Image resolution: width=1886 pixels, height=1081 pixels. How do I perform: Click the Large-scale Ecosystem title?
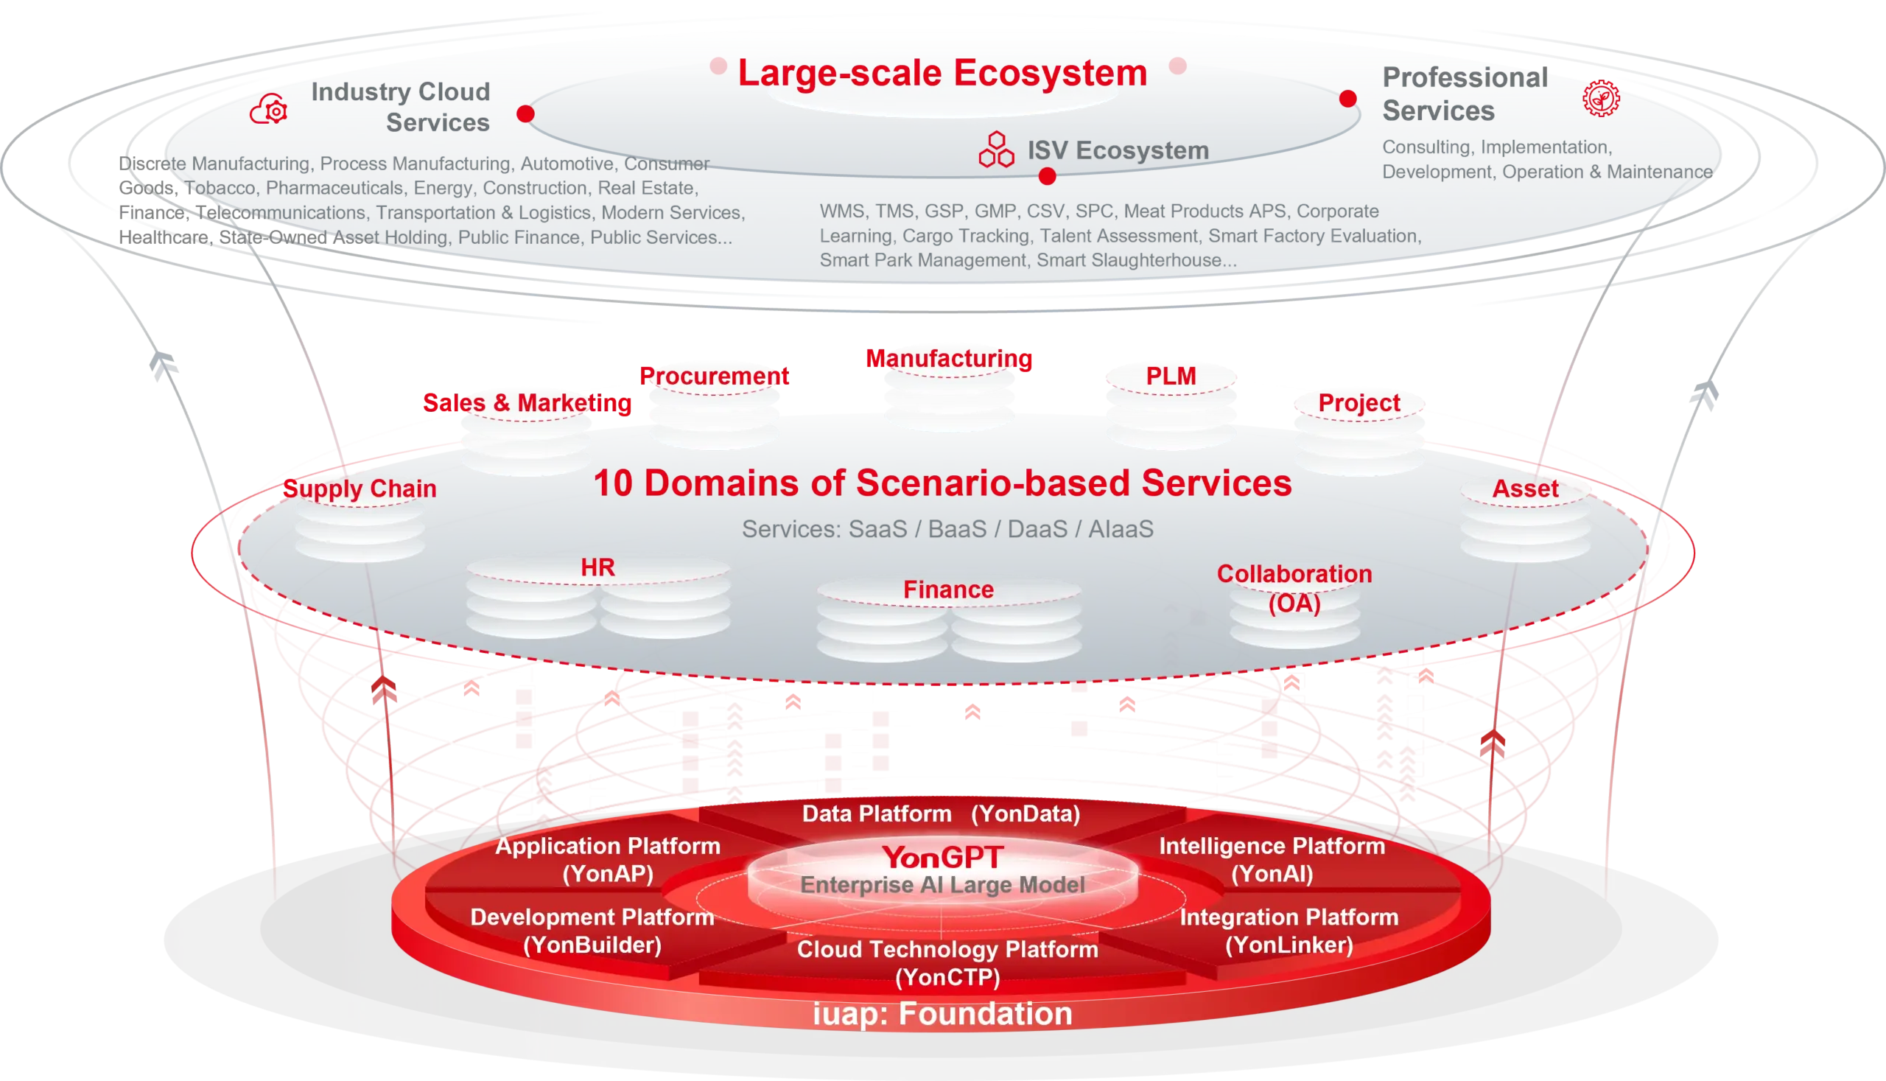pyautogui.click(x=942, y=73)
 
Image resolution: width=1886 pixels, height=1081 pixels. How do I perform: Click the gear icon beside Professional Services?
pyautogui.click(x=1601, y=98)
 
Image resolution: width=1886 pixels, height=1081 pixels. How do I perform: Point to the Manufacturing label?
pyautogui.click(x=950, y=359)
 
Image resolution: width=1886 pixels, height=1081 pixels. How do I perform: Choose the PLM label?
pyautogui.click(x=1171, y=376)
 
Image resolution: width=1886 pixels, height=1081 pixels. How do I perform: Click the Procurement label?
pyautogui.click(x=714, y=376)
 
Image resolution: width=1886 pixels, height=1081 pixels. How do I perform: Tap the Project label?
pyautogui.click(x=1359, y=402)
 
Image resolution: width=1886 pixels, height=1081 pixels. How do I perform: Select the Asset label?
pyautogui.click(x=1525, y=489)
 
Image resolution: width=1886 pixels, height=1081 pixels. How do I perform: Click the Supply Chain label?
pyautogui.click(x=360, y=489)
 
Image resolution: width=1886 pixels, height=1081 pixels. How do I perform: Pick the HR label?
pyautogui.click(x=597, y=567)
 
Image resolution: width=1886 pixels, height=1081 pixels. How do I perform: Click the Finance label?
pyautogui.click(x=948, y=590)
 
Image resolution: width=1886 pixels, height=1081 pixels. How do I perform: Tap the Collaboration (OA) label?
pyautogui.click(x=1294, y=588)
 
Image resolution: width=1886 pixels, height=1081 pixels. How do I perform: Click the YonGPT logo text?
pyautogui.click(x=942, y=858)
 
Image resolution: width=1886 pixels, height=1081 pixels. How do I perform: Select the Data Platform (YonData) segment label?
pyautogui.click(x=940, y=814)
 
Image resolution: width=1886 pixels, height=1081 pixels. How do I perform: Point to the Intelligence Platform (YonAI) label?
pyautogui.click(x=1272, y=859)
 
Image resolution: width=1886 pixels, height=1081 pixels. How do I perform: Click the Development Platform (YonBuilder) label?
pyautogui.click(x=592, y=930)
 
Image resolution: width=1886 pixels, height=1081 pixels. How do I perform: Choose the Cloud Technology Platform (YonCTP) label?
pyautogui.click(x=947, y=962)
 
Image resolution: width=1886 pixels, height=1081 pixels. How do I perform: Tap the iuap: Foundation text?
pyautogui.click(x=942, y=1013)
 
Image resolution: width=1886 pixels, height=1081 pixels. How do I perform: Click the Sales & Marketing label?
pyautogui.click(x=527, y=402)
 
